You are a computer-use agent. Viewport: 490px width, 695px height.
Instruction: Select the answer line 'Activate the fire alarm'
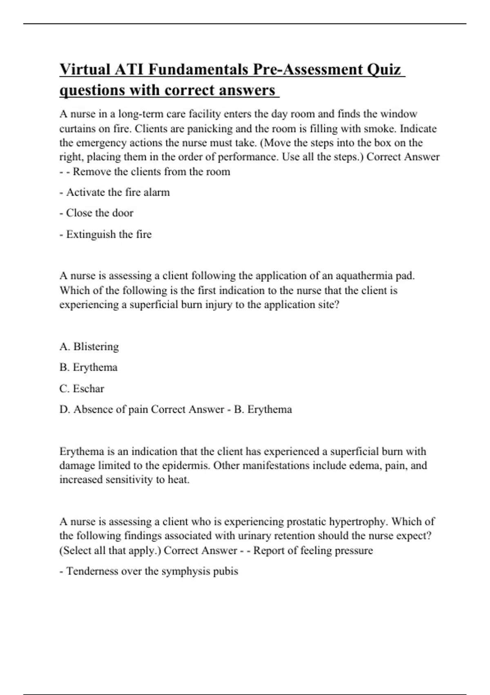coord(115,192)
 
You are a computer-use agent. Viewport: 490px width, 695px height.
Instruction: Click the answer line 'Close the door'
coord(96,213)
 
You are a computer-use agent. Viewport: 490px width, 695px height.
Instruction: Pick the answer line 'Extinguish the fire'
coord(105,234)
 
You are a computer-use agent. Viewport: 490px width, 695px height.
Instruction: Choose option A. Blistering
coord(89,347)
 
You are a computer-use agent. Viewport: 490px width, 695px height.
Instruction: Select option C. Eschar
coord(82,388)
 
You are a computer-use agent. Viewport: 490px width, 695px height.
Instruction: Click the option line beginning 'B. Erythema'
coord(88,367)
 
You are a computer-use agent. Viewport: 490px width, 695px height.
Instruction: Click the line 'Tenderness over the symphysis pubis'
coord(149,571)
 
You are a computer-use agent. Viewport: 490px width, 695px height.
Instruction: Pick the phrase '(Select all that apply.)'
coord(110,550)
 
